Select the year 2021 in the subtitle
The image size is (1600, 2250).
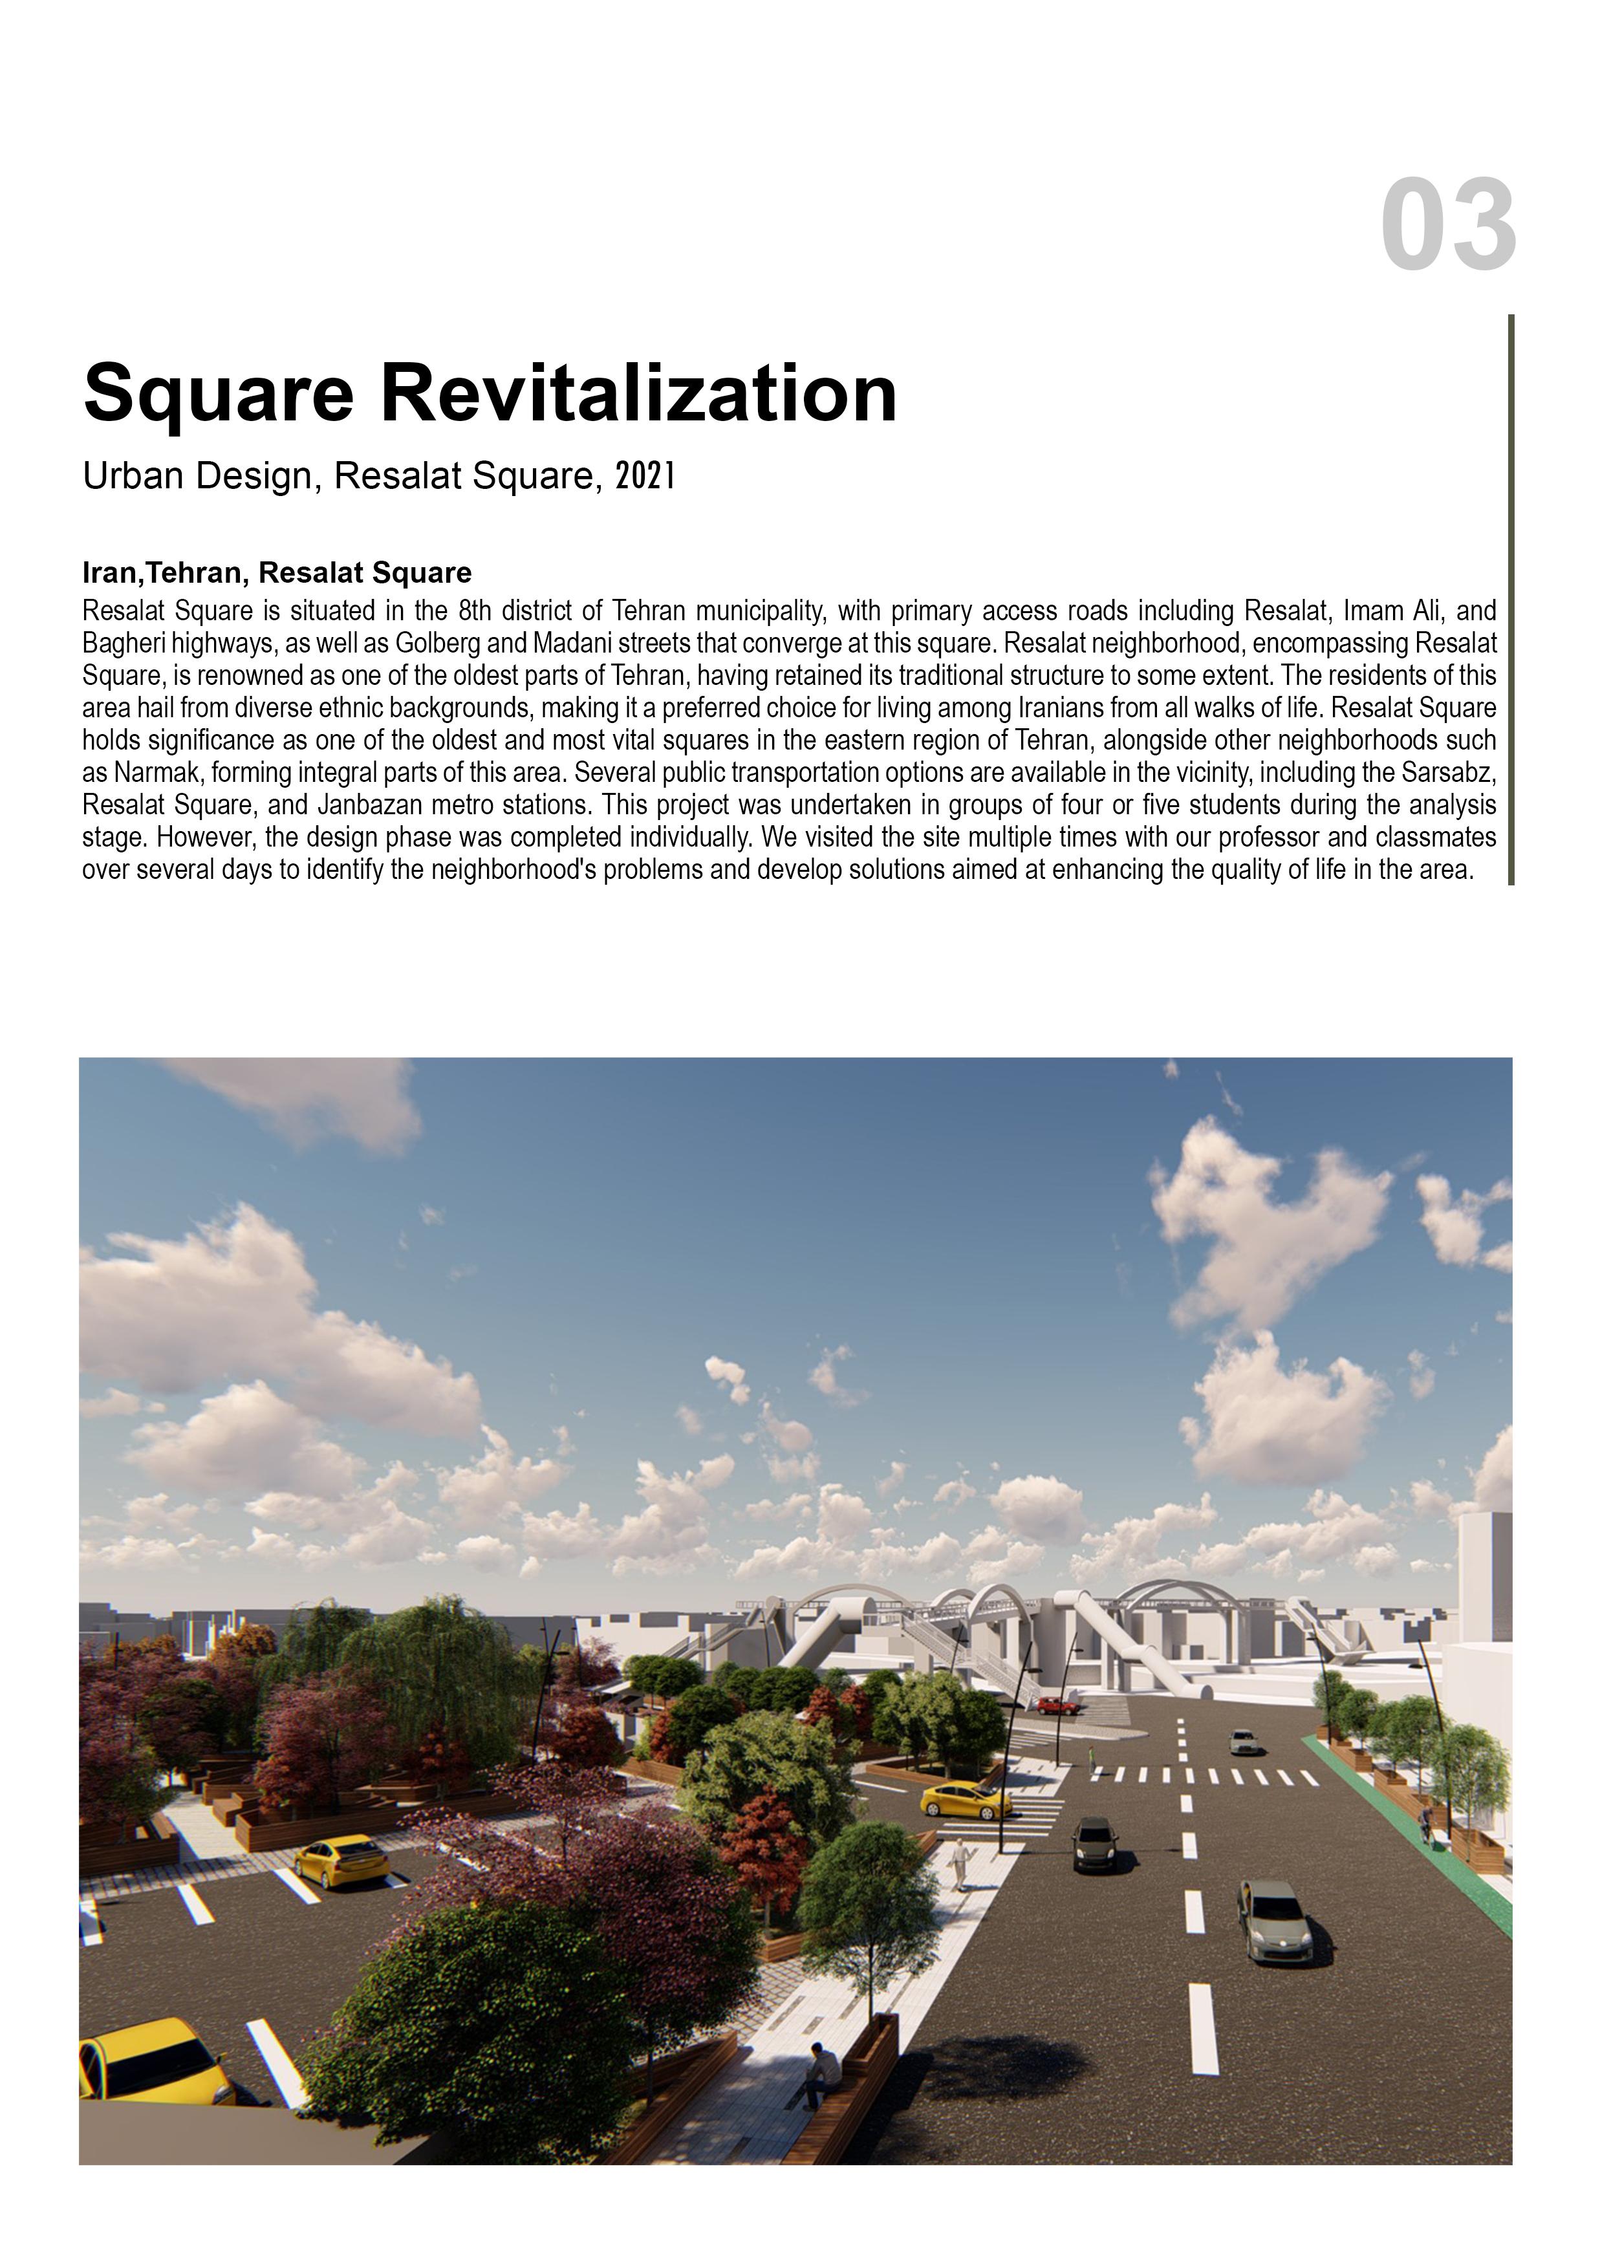[x=645, y=476]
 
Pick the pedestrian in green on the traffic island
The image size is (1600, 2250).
[x=1090, y=1757]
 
